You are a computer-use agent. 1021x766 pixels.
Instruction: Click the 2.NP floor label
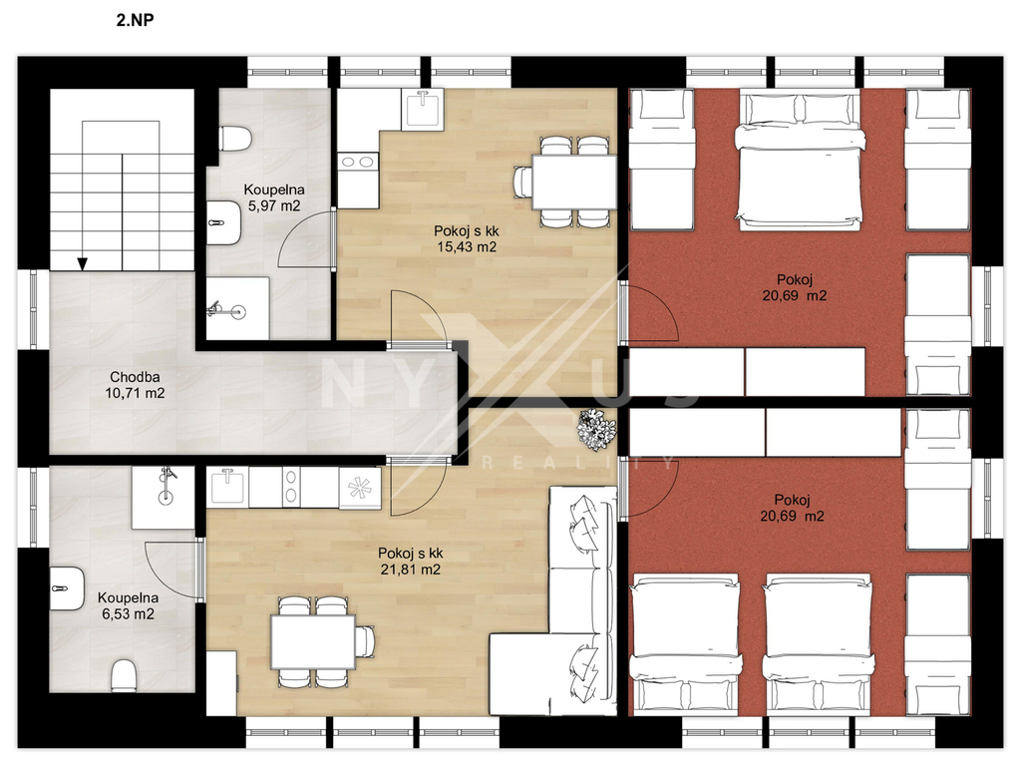point(135,20)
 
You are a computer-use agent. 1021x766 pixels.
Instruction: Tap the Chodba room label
point(135,377)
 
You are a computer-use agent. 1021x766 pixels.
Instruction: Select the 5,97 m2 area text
point(274,206)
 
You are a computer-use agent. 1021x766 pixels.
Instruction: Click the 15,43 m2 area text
point(467,247)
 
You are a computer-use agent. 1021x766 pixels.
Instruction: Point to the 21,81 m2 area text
point(411,570)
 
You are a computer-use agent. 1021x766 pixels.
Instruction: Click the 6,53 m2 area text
point(129,614)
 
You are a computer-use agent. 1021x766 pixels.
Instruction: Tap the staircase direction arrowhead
point(82,263)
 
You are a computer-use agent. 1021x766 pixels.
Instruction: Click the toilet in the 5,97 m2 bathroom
point(235,139)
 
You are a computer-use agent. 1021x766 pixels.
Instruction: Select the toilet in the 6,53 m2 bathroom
point(123,676)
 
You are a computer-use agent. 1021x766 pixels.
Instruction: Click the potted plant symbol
point(597,429)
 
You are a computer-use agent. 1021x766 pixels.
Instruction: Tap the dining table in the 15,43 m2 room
point(573,182)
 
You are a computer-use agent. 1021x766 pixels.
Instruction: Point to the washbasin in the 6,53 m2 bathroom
point(67,588)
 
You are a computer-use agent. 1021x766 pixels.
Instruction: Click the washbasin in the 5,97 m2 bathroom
point(223,222)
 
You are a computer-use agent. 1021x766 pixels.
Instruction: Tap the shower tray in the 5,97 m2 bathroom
point(237,308)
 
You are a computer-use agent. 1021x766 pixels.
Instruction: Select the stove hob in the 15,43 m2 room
point(358,161)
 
